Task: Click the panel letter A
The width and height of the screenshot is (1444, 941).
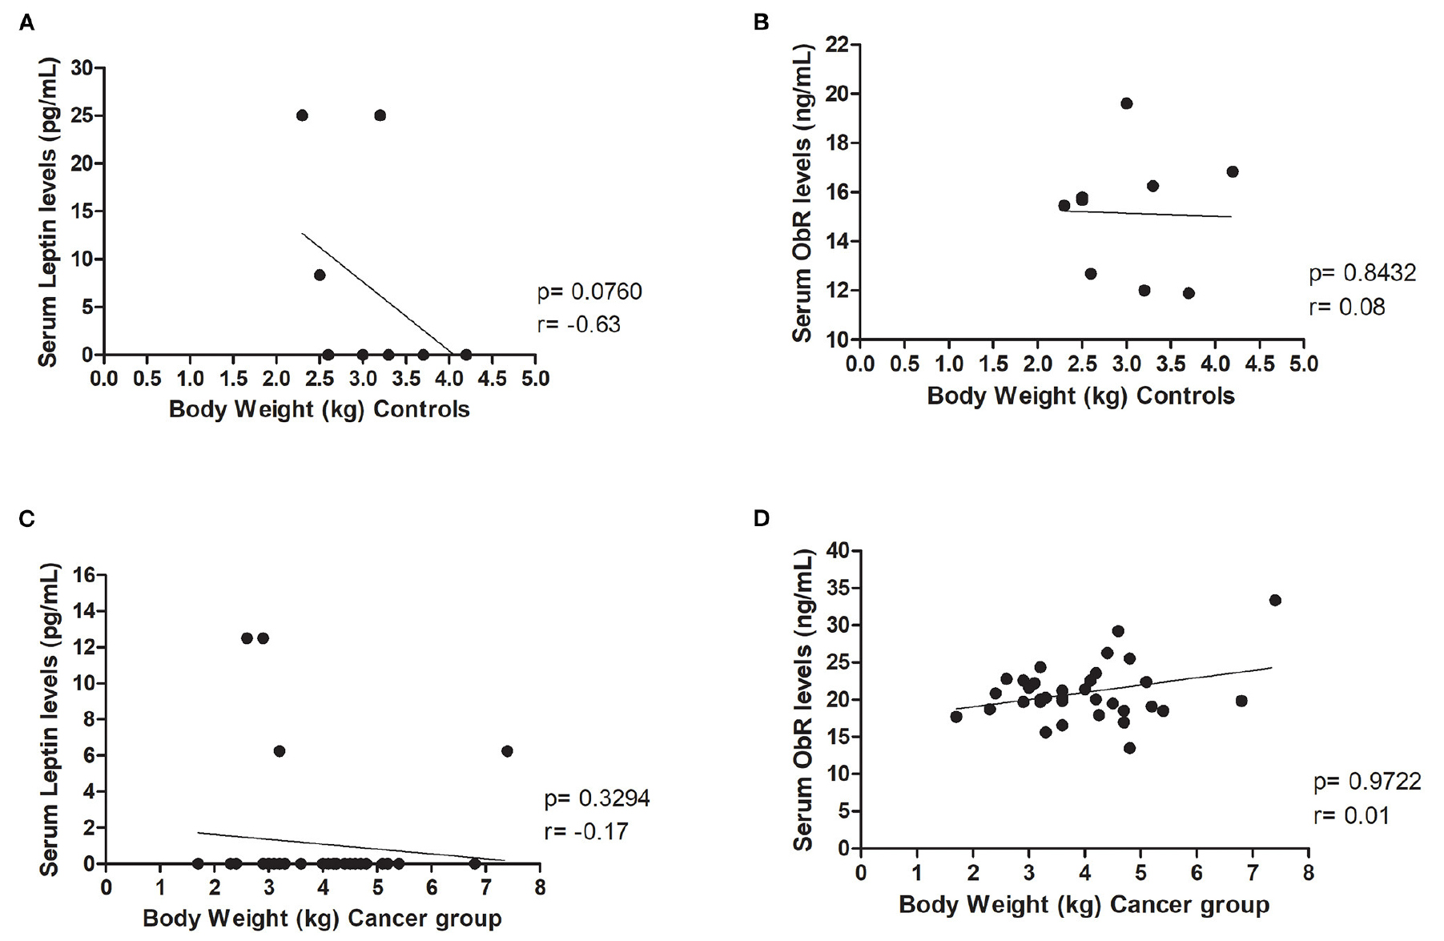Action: (26, 24)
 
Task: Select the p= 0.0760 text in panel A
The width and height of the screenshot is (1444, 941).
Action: (589, 292)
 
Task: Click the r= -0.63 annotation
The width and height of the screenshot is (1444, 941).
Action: (578, 324)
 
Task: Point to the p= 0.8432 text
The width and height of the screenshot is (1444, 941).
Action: (1362, 273)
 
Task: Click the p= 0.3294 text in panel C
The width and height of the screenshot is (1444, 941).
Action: (597, 798)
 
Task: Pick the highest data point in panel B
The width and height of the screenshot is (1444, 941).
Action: (1126, 103)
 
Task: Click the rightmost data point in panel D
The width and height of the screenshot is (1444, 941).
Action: (1275, 600)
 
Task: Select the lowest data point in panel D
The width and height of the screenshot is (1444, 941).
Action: (1129, 748)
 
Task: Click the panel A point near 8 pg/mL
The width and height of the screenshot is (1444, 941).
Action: (320, 275)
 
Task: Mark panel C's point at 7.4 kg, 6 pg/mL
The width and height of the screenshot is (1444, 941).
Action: (506, 751)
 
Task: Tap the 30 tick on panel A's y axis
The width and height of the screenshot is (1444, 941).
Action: (82, 68)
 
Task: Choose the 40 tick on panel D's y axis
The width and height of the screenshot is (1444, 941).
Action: (838, 551)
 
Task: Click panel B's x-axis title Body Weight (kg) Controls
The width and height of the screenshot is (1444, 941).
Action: (1080, 396)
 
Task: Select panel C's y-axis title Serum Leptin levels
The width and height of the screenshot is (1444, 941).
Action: (50, 719)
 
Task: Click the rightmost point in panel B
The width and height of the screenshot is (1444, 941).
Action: (1232, 171)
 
